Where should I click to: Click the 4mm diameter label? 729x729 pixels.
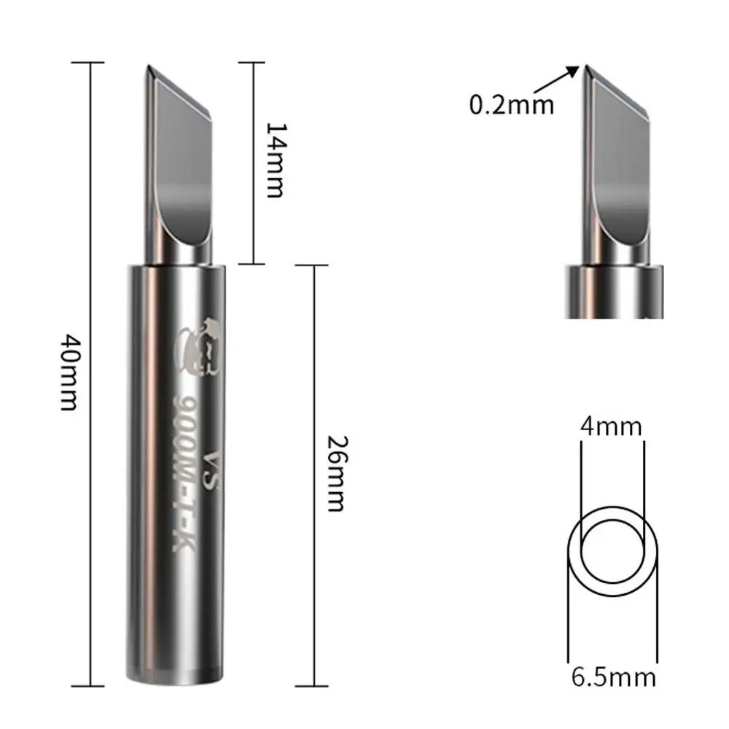point(611,426)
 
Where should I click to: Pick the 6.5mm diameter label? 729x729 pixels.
point(613,677)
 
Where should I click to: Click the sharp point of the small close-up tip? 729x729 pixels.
point(585,66)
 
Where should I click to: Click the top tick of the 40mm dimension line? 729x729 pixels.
point(92,63)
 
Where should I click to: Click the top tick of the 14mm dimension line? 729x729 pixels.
point(252,63)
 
